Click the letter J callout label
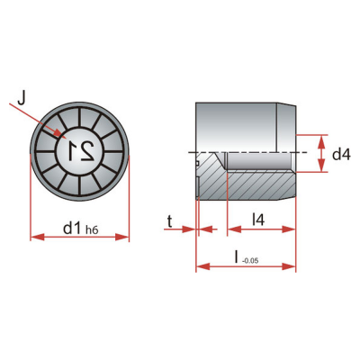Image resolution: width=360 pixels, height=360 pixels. coord(22,98)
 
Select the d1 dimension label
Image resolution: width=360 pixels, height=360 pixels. coord(72,229)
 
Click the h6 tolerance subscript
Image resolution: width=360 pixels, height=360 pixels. coord(92,230)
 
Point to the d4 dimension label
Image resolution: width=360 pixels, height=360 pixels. coord(341,155)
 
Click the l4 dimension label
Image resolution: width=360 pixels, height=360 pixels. coord(257,220)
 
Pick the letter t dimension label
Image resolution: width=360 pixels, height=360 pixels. coord(170,222)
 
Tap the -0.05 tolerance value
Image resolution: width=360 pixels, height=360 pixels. coord(249,261)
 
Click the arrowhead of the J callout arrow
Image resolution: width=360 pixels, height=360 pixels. coord(60,133)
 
